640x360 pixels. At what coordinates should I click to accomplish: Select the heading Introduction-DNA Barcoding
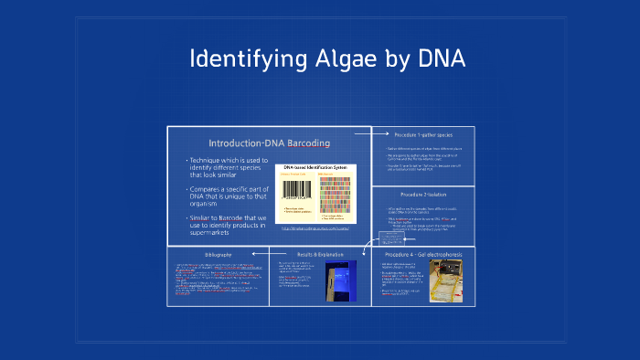click(269, 143)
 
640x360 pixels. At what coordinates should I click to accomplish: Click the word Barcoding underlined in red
click(308, 143)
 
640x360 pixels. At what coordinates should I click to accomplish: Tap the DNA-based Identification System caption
click(315, 168)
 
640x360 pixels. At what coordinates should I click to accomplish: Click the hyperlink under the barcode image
click(315, 228)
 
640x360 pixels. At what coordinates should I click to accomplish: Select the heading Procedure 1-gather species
click(422, 134)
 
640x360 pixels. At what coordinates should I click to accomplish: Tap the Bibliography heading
click(218, 253)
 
